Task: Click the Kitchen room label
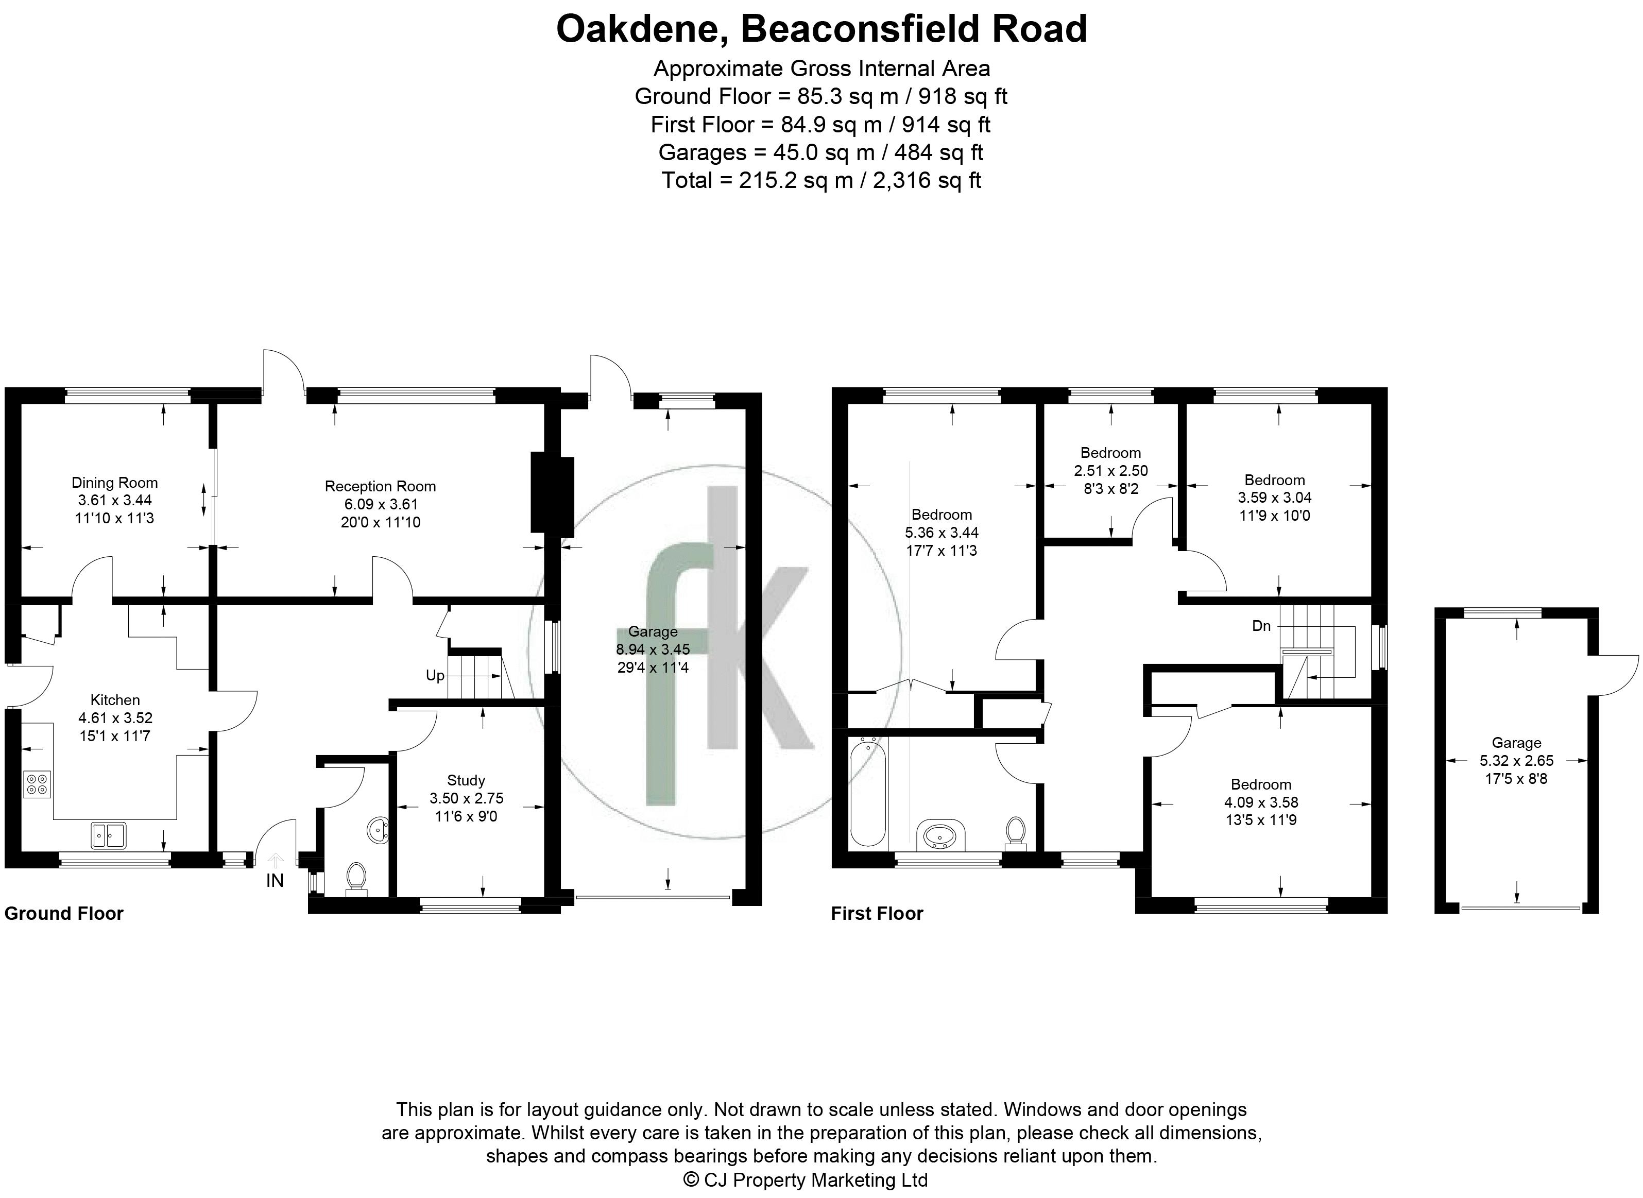click(115, 700)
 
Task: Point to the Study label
click(466, 780)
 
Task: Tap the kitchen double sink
click(109, 835)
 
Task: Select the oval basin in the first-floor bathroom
click(940, 835)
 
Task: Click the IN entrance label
click(275, 880)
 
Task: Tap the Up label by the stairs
click(435, 676)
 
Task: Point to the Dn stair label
click(1262, 626)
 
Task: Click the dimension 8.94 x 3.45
click(653, 649)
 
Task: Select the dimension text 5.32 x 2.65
click(1517, 761)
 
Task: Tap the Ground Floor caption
click(64, 914)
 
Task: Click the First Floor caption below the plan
click(877, 914)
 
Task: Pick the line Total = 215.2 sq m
click(821, 180)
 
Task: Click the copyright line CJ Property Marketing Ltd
click(806, 1180)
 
